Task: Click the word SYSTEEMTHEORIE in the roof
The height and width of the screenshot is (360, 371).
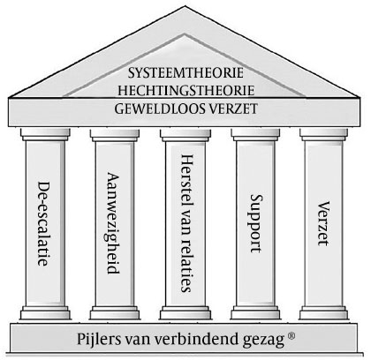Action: (185, 72)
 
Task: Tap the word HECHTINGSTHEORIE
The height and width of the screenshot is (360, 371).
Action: (186, 90)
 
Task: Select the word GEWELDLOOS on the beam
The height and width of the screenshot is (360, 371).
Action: (159, 109)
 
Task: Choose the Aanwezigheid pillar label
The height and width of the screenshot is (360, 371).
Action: (114, 223)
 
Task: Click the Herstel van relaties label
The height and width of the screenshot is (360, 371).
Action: (186, 223)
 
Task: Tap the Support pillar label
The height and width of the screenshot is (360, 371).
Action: (256, 223)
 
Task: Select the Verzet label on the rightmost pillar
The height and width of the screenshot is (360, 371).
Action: (323, 223)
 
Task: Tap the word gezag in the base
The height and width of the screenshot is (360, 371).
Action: (264, 340)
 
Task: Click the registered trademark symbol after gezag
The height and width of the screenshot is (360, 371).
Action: (291, 336)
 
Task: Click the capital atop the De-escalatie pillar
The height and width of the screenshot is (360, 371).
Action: (45, 134)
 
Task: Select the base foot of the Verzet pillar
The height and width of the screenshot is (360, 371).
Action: (323, 312)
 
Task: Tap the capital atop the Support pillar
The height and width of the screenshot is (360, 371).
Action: (255, 134)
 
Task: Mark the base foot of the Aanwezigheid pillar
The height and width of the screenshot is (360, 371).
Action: (115, 312)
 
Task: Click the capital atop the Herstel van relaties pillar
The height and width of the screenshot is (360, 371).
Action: (185, 134)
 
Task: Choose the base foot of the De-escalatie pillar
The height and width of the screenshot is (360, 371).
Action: (45, 312)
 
